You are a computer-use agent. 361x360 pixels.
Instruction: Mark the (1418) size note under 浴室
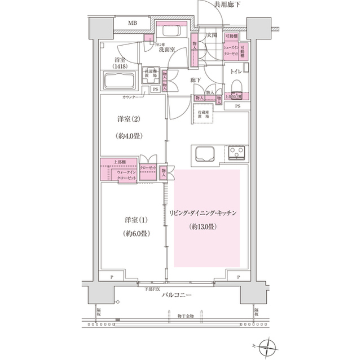(119, 66)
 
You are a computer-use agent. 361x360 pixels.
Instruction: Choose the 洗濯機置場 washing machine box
(150, 75)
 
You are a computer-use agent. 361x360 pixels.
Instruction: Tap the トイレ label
(237, 72)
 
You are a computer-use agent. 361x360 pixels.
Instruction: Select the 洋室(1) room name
(127, 219)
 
